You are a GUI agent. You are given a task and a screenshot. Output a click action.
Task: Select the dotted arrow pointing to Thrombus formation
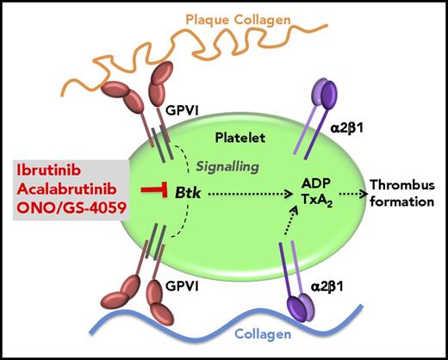(347, 182)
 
